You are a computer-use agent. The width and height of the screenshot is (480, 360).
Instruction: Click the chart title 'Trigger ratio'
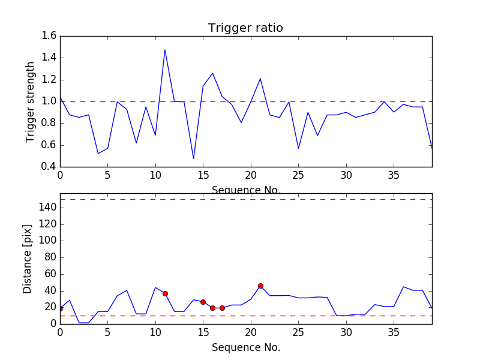point(245,28)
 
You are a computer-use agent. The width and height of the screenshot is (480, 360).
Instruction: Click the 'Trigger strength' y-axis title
point(31,101)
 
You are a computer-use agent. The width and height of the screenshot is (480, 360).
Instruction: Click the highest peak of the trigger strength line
point(165,50)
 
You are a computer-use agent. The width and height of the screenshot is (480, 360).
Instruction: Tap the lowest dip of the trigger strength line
point(193,159)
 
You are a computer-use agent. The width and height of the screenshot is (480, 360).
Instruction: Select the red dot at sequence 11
point(165,293)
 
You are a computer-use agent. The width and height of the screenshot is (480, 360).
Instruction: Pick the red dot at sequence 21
point(260,286)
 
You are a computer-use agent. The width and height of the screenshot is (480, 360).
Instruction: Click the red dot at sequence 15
point(203,302)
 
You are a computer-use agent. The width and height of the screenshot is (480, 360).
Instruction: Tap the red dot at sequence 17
point(222,308)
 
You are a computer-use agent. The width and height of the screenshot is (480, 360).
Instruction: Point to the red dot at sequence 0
point(60,308)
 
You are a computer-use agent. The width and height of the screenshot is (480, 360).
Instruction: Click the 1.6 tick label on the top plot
point(49,36)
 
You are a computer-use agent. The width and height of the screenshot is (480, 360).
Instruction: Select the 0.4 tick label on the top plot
point(49,167)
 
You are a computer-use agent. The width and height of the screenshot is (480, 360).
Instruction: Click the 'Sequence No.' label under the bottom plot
point(245,347)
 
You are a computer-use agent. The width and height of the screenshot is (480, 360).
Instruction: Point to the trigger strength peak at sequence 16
point(212,73)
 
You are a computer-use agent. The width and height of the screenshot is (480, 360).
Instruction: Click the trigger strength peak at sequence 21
point(260,79)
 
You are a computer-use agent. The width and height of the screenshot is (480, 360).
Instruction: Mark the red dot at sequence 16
point(212,308)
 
